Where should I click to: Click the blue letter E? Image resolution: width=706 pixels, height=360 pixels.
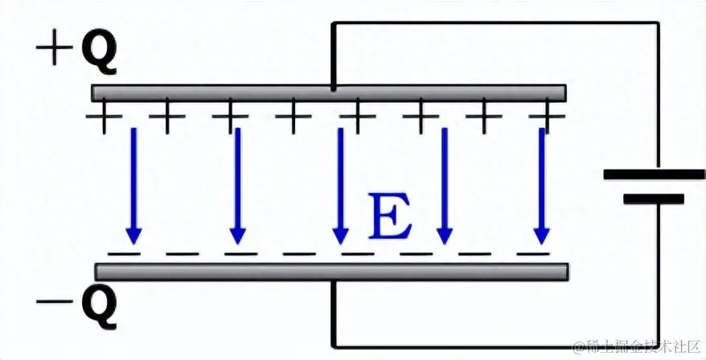click(390, 218)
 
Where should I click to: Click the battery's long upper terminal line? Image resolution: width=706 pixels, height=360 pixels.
click(654, 174)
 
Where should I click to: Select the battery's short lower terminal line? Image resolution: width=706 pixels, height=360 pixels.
click(654, 198)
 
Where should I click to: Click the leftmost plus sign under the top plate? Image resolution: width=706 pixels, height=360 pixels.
click(104, 119)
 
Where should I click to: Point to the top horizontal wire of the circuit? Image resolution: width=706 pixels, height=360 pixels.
click(495, 22)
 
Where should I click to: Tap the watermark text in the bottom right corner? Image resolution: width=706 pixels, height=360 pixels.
click(635, 346)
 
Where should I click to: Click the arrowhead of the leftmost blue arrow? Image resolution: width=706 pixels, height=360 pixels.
click(133, 236)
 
